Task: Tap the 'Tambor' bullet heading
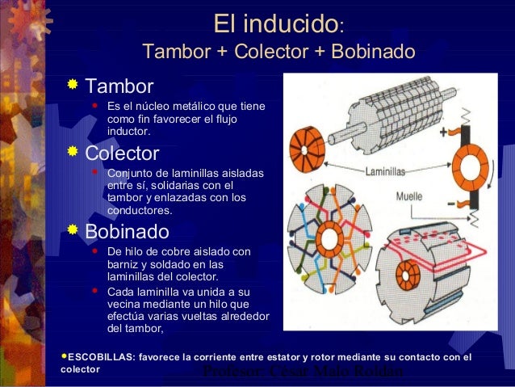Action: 119,85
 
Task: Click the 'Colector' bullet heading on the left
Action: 123,153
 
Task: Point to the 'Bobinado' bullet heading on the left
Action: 128,232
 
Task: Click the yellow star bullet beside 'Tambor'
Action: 73,84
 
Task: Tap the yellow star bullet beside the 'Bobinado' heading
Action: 73,231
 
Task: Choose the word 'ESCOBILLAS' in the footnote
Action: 96,356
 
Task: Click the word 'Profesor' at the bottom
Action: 230,372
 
